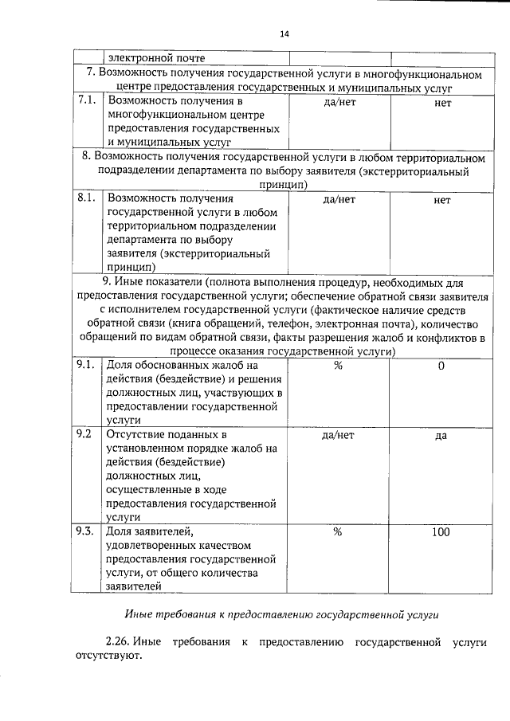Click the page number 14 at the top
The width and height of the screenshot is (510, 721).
pos(284,33)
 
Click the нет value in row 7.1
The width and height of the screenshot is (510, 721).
pos(443,102)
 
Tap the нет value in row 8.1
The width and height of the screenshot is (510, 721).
pos(442,200)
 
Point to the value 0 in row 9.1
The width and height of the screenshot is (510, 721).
pos(441,365)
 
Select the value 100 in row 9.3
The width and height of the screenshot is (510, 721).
pos(441,532)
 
